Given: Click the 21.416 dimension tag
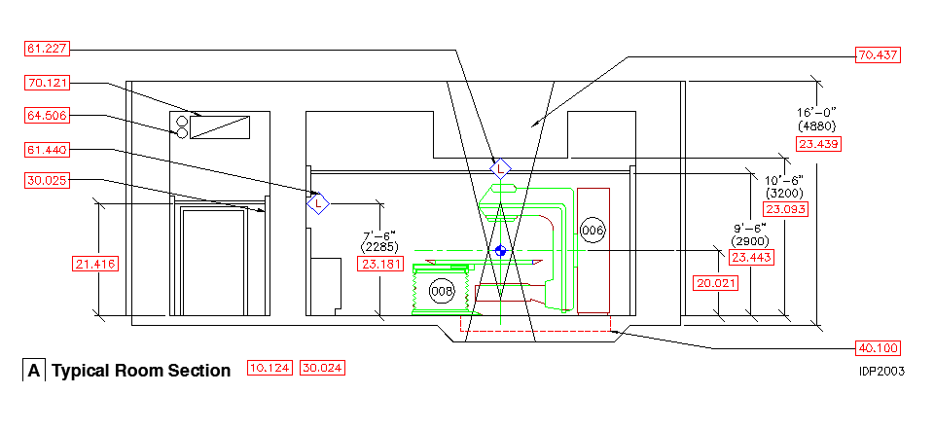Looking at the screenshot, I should (x=96, y=264).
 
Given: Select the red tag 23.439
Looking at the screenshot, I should (x=818, y=144).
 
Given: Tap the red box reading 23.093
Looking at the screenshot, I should (x=785, y=209).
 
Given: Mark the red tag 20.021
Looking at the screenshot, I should (x=715, y=283).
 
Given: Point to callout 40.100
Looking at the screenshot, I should (x=877, y=348).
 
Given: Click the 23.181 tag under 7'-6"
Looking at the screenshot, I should (x=381, y=264).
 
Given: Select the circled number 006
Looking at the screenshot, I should (x=593, y=230).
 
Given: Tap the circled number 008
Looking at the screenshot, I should (x=442, y=291).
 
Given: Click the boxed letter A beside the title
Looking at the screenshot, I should (x=34, y=371).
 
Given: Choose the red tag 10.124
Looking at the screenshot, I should (x=269, y=369).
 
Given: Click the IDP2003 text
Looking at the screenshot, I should (x=880, y=371).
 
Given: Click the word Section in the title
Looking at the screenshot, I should (x=199, y=371).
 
